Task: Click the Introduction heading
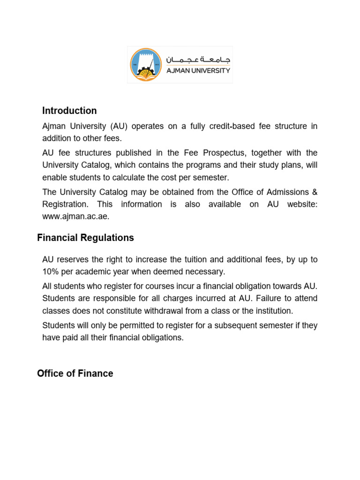coord(69,111)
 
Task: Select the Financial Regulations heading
coord(85,238)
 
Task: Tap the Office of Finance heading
coord(75,374)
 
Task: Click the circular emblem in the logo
coord(146,64)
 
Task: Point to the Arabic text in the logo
coord(199,60)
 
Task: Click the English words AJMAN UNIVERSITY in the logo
coord(199,71)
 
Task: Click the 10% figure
coord(50,272)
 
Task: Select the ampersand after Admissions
coord(315,192)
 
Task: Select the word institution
coord(266,311)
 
